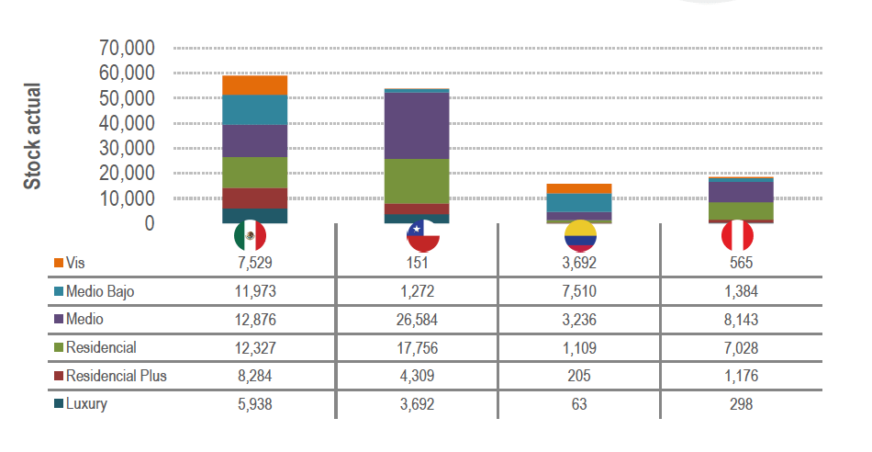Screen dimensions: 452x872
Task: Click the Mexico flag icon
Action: point(251,237)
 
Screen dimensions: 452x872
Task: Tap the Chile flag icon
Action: point(423,237)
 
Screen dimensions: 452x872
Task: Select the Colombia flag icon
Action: point(580,237)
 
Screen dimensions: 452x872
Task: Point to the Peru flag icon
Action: point(737,237)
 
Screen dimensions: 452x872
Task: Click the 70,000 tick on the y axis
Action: point(127,48)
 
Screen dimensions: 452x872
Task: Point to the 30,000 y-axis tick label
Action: point(127,148)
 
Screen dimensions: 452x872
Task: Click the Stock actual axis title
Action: point(33,136)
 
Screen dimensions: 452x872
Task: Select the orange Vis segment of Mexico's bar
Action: point(255,85)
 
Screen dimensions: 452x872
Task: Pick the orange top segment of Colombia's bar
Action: point(580,188)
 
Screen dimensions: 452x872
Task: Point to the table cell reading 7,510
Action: point(580,291)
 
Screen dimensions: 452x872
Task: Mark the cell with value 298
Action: point(737,403)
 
